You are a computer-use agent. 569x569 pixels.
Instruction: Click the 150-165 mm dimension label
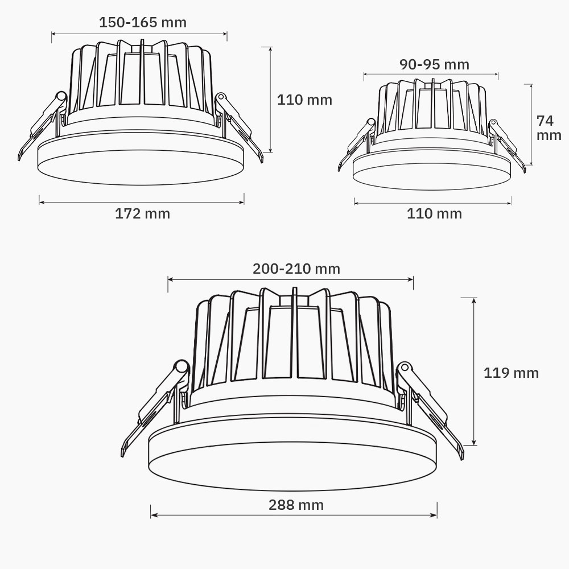142,23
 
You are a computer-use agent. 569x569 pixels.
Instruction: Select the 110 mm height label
304,100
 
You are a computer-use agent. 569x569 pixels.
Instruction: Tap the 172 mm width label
142,214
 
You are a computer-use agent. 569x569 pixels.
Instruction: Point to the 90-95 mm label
434,64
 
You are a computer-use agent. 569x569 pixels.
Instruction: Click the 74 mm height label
549,128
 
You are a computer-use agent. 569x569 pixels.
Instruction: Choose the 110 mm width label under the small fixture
434,214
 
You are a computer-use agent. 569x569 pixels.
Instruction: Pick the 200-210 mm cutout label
296,269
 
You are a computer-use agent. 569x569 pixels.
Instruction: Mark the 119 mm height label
510,373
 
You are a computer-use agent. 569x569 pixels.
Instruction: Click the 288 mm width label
296,505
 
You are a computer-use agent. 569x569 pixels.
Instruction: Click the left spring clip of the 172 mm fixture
43,125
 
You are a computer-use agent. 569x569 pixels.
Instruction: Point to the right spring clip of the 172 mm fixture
239,125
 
